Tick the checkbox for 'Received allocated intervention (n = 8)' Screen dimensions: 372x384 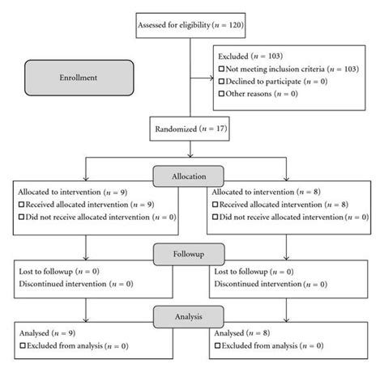point(212,205)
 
